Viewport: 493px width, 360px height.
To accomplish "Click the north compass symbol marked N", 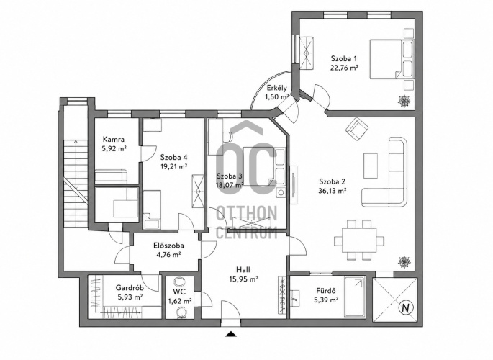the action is [x=406, y=308].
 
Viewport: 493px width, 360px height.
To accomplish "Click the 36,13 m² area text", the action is [x=333, y=191].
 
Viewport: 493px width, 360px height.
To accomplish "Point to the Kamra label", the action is [x=114, y=139].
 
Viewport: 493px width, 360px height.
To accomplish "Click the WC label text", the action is [x=179, y=292].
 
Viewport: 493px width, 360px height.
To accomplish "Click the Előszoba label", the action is [x=168, y=246].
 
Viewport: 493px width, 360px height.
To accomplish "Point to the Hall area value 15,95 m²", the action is [x=243, y=279].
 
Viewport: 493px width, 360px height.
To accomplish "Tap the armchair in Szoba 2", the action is [x=357, y=129].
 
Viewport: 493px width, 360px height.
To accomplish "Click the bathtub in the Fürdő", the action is [x=354, y=297].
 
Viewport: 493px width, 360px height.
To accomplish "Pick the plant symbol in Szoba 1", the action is [x=404, y=102].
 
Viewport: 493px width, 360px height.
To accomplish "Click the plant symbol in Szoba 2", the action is [x=404, y=262].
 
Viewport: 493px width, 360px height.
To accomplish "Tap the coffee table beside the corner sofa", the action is [x=371, y=166].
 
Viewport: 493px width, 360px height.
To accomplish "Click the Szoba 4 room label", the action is [x=174, y=157].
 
